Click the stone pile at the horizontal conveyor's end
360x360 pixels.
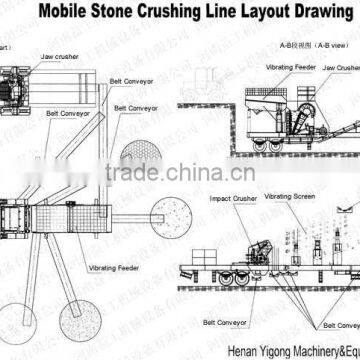coord(164,211)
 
